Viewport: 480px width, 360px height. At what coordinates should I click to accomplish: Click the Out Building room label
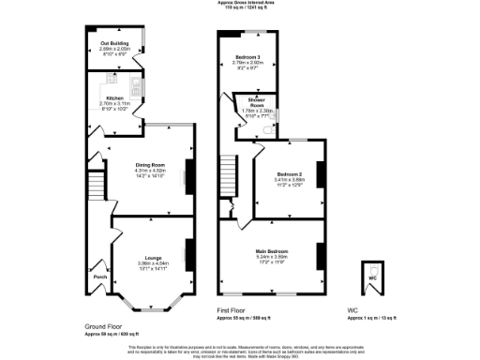113,44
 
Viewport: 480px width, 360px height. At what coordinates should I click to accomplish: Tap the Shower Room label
255,100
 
